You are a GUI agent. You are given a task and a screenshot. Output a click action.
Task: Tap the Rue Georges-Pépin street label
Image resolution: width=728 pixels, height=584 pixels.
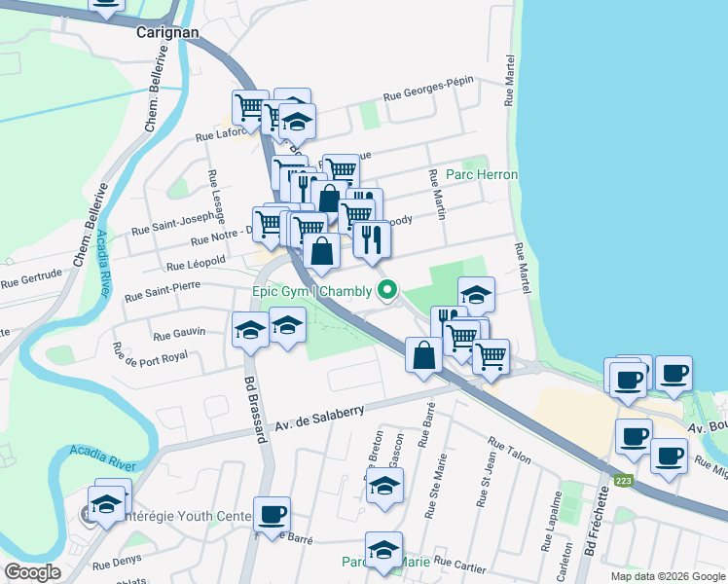pos(427,91)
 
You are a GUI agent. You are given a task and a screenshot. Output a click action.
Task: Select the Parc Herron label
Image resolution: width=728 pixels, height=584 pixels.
pos(482,174)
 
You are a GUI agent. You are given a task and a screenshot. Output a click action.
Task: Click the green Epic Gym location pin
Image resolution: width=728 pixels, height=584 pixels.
pos(388,289)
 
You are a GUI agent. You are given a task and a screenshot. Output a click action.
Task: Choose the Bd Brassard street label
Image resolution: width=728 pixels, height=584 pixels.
pos(256,410)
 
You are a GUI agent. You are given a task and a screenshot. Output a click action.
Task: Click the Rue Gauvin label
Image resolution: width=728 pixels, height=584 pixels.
pos(180,333)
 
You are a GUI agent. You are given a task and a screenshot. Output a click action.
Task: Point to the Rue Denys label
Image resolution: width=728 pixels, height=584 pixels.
pos(117,560)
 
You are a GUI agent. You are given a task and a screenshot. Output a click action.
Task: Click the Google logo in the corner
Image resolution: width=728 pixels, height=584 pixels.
pos(32,572)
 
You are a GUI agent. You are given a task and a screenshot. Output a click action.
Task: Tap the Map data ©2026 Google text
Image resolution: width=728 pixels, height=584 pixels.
pos(667,576)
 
